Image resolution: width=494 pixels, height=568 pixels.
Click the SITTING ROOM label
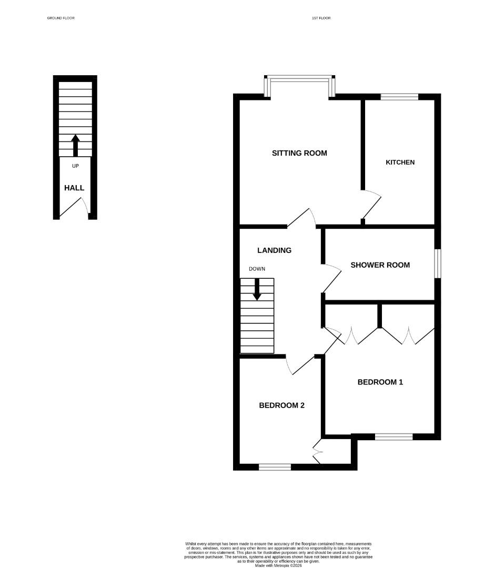pos(299,153)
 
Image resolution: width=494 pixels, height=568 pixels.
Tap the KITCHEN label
pos(400,162)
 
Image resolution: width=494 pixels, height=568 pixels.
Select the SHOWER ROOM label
pos(380,265)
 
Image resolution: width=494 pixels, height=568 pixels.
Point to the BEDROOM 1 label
pos(380,382)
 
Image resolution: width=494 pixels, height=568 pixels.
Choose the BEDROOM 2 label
pos(281,405)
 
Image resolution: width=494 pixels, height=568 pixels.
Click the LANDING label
pos(274,250)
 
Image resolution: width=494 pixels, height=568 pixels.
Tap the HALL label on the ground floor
pos(74,188)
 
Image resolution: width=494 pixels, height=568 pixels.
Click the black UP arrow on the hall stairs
pos(75,145)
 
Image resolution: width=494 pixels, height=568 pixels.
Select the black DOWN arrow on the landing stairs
pos(257,289)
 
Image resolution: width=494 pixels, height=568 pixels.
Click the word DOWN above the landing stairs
pos(257,269)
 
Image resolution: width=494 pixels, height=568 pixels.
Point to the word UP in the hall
pos(75,166)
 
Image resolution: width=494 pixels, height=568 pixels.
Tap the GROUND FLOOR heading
pos(61,18)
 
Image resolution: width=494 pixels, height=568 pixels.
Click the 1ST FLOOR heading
pos(321,18)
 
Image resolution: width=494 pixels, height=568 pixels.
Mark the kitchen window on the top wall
pos(399,96)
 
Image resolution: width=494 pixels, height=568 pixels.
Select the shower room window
pos(438,263)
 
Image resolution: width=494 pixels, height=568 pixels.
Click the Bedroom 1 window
pos(394,437)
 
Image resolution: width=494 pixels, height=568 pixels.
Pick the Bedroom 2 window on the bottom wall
pos(275,466)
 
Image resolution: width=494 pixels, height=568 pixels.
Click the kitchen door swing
pos(372,205)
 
